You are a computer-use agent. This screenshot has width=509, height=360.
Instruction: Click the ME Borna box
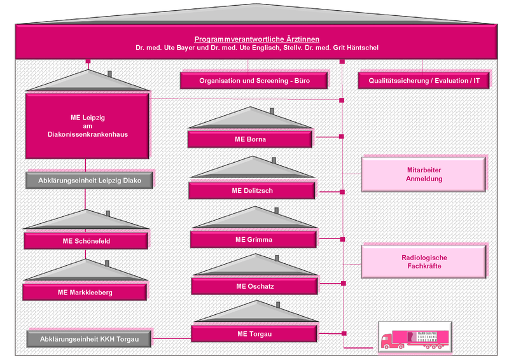pos(250,139)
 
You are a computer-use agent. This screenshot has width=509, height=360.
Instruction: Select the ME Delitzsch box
pos(251,190)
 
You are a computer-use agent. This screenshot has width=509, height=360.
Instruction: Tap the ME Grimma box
pos(253,240)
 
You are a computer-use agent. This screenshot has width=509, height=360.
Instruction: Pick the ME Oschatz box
pos(254,286)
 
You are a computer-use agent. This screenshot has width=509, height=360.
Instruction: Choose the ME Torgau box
pos(254,333)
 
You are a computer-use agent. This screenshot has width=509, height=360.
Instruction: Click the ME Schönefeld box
pos(86,241)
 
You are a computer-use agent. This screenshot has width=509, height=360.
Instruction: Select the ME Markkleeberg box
pos(85,292)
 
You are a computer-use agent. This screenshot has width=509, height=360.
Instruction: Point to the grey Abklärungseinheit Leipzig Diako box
pos(90,180)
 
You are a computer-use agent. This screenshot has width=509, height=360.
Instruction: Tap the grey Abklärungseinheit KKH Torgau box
pos(90,339)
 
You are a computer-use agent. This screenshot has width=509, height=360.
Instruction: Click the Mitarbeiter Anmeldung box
pos(424,174)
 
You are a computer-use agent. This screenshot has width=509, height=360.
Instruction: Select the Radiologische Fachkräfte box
pos(424,261)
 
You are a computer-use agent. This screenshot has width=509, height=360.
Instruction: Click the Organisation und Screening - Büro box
pos(254,81)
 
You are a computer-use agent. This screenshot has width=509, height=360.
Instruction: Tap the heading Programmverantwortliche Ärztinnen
pos(256,39)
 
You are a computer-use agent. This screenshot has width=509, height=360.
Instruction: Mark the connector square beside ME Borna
pos(342,136)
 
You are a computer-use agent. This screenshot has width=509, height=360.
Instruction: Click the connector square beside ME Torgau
pos(344,333)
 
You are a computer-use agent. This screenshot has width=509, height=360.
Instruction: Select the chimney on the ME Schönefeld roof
pos(108,214)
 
